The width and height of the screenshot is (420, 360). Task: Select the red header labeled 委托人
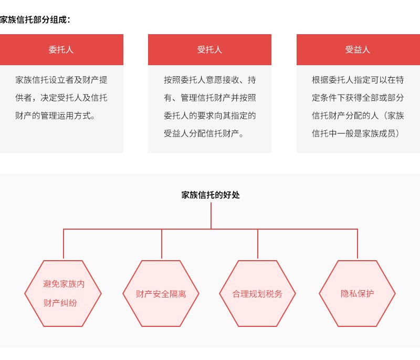[x=61, y=49]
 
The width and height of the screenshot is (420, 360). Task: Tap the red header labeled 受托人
[x=209, y=49]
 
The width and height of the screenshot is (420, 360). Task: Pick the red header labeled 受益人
[x=358, y=49]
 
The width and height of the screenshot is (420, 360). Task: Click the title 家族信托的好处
[x=211, y=195]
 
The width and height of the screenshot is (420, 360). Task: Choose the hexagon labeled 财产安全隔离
[x=161, y=294]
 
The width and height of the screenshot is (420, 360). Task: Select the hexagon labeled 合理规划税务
[x=257, y=294]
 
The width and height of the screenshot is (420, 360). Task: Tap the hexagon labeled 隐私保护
[x=357, y=294]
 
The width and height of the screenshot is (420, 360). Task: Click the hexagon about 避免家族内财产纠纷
[x=63, y=294]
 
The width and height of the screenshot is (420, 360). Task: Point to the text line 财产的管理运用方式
[x=55, y=116]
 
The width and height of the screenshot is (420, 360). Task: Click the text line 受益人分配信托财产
[x=204, y=133]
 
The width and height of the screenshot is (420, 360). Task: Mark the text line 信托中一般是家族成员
[x=355, y=133]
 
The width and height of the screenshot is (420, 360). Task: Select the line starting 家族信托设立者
[x=61, y=80]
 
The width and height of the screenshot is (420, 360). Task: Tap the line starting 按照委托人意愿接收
[x=209, y=80]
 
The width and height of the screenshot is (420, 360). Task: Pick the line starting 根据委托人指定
[x=358, y=80]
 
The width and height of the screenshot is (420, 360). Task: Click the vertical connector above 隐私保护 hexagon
[x=358, y=244]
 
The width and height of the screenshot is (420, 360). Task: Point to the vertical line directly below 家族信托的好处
[x=211, y=216]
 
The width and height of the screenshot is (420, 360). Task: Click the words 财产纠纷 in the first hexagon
[x=60, y=303]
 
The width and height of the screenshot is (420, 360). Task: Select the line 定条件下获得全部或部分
[x=358, y=98]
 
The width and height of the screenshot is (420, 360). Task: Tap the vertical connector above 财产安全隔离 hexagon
[x=162, y=244]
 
